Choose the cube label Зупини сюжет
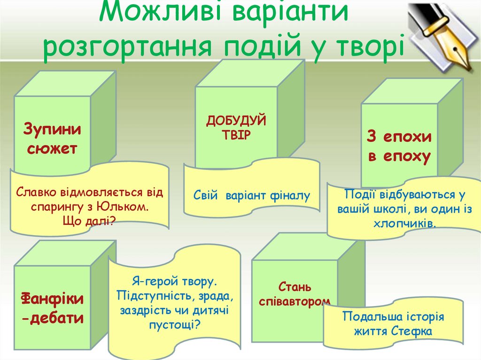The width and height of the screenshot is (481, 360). click(52, 139)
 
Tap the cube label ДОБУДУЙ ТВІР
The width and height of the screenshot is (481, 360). click(236, 127)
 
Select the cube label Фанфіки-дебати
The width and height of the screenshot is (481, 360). click(52, 308)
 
